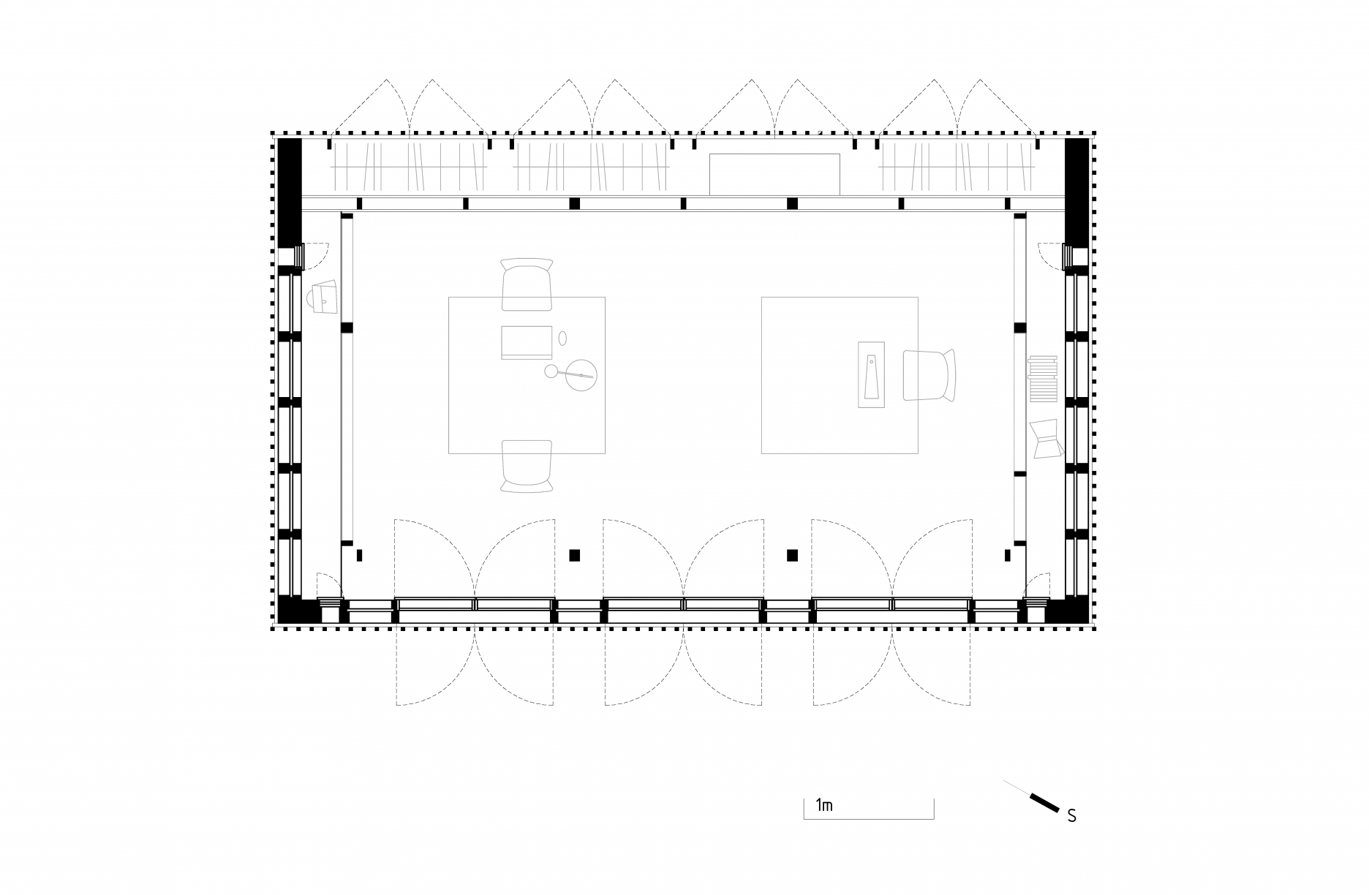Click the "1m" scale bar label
pyautogui.click(x=824, y=806)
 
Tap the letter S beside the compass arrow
pyautogui.click(x=1071, y=816)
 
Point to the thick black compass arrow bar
pyautogui.click(x=1044, y=801)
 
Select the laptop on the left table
pyautogui.click(x=527, y=342)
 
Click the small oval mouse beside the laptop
pyautogui.click(x=563, y=338)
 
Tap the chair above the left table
pyautogui.click(x=527, y=284)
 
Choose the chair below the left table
pyautogui.click(x=527, y=466)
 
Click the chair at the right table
pyautogui.click(x=929, y=375)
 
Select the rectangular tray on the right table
pyautogui.click(x=871, y=374)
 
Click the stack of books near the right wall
pyautogui.click(x=1043, y=378)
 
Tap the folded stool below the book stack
pyautogui.click(x=1046, y=439)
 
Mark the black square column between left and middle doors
pyautogui.click(x=575, y=555)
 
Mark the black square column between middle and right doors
pyautogui.click(x=792, y=555)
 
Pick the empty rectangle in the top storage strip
pyautogui.click(x=774, y=174)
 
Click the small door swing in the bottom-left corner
pyautogui.click(x=328, y=586)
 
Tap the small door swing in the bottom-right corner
pyautogui.click(x=1036, y=586)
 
